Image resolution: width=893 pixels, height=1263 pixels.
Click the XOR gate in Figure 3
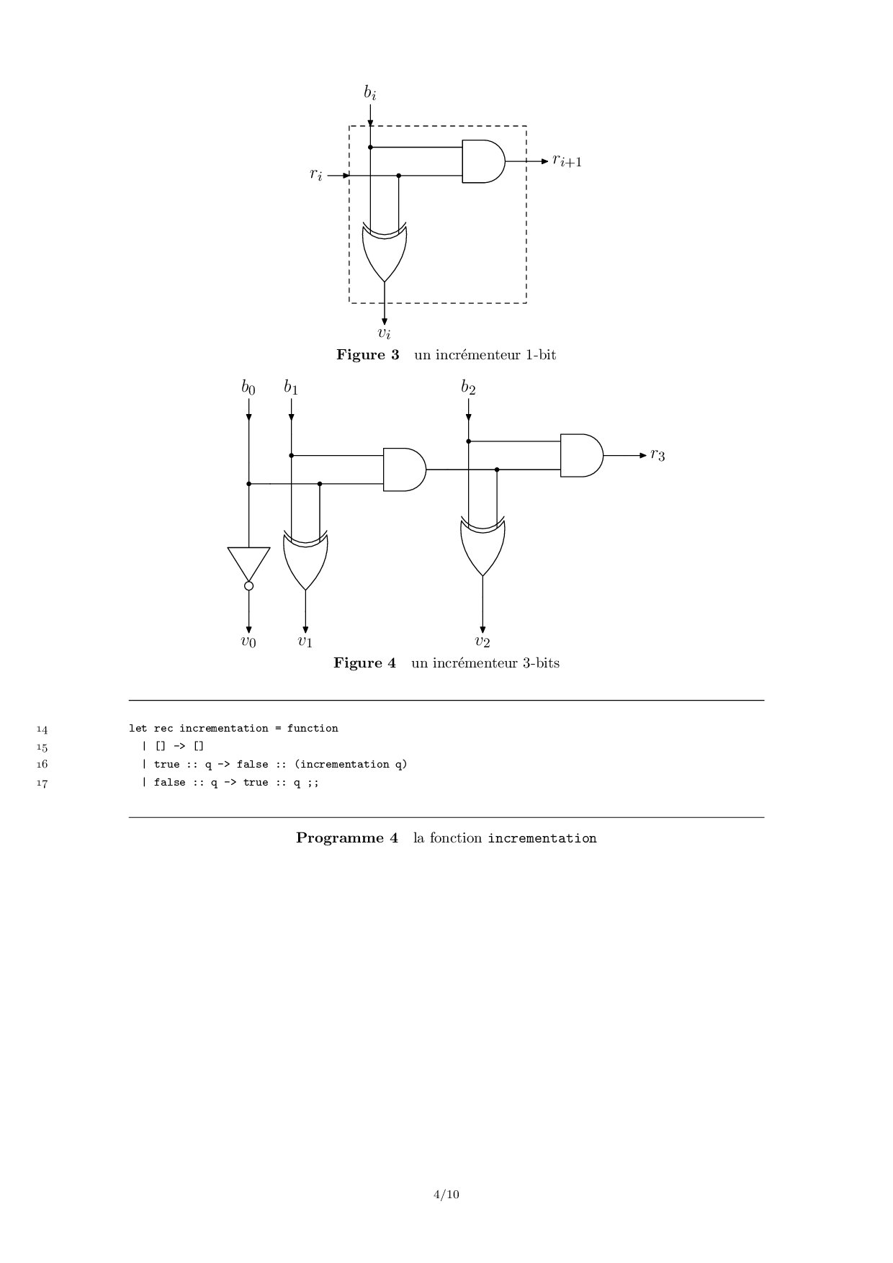click(385, 252)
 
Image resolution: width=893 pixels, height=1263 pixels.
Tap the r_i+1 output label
click(567, 161)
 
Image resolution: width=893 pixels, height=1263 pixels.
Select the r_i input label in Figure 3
click(316, 174)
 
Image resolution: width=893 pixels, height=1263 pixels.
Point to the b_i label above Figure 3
click(369, 92)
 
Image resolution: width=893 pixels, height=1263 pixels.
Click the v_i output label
click(385, 332)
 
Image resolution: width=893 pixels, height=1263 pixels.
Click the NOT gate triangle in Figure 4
click(248, 562)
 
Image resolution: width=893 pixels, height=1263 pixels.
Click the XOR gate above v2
click(483, 547)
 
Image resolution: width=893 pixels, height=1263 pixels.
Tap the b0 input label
click(248, 387)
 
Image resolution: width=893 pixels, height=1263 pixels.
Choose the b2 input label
click(468, 387)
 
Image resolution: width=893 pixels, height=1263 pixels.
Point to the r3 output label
click(658, 454)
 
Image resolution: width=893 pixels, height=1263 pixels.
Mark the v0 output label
click(248, 642)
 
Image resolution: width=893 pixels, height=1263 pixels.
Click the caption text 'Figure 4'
click(364, 662)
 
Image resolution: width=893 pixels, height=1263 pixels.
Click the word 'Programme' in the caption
click(339, 838)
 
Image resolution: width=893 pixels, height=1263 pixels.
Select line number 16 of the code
click(42, 765)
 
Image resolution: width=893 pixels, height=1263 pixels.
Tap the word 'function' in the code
click(313, 728)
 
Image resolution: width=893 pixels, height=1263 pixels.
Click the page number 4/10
click(446, 1195)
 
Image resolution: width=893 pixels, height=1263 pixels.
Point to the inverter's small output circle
click(248, 586)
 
